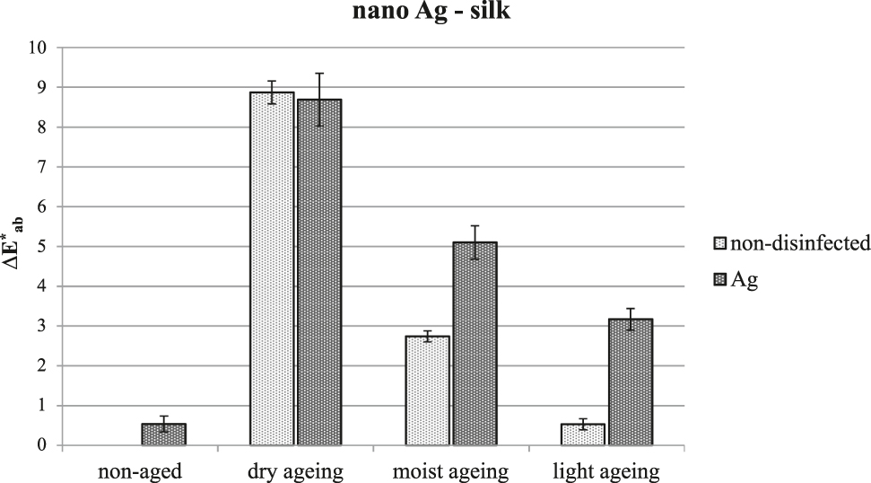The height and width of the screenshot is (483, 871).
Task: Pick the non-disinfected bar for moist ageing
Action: (x=428, y=391)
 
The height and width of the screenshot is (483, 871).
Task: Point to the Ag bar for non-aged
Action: (x=164, y=435)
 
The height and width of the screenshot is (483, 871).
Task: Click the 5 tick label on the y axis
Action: (x=39, y=246)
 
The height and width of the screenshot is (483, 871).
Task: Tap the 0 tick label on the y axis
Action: (x=39, y=445)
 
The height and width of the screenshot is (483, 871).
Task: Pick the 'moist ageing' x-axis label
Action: (x=451, y=470)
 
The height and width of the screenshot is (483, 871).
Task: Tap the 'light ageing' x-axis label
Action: (x=606, y=470)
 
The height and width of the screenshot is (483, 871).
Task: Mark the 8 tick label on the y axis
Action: (x=39, y=127)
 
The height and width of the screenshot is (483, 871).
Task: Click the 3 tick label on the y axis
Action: (x=39, y=326)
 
